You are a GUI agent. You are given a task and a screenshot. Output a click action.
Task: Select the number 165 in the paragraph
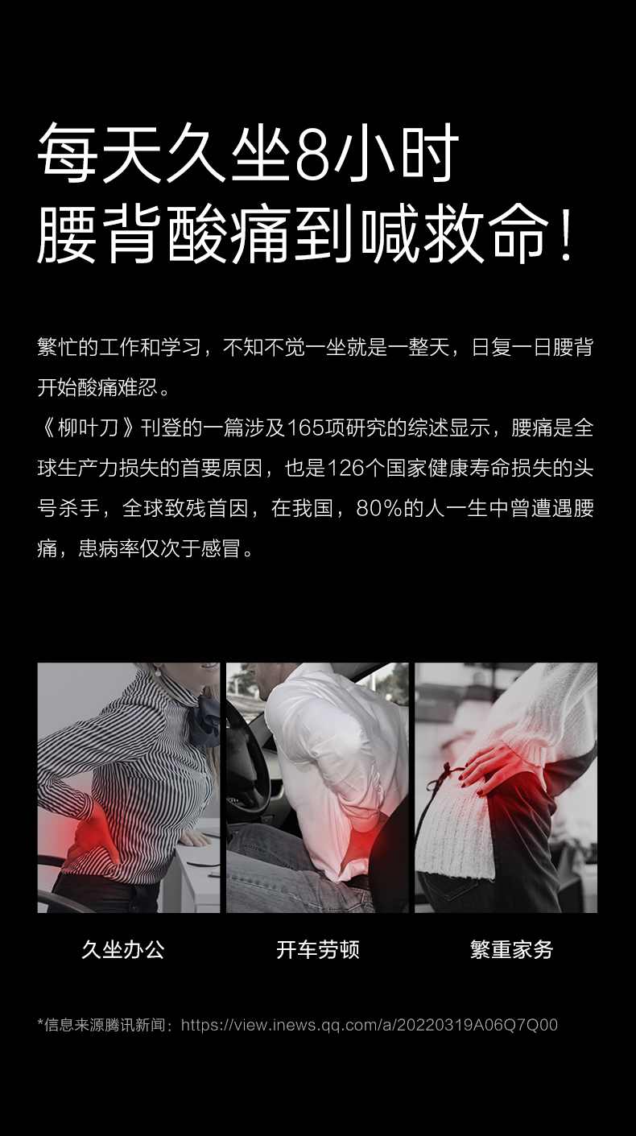point(305,428)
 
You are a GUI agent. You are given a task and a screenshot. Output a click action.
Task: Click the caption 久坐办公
point(123,949)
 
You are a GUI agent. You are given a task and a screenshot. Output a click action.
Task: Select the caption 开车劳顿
point(318,949)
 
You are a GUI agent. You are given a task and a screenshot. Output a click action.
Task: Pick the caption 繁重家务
point(512,949)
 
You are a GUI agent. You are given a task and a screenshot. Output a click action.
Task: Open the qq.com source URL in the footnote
point(370,1025)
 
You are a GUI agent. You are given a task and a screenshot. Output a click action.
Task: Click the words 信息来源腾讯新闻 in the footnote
point(105,1025)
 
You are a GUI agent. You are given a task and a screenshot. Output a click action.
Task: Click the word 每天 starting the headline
point(101,154)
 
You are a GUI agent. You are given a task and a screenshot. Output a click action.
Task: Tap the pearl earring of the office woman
point(158,673)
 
